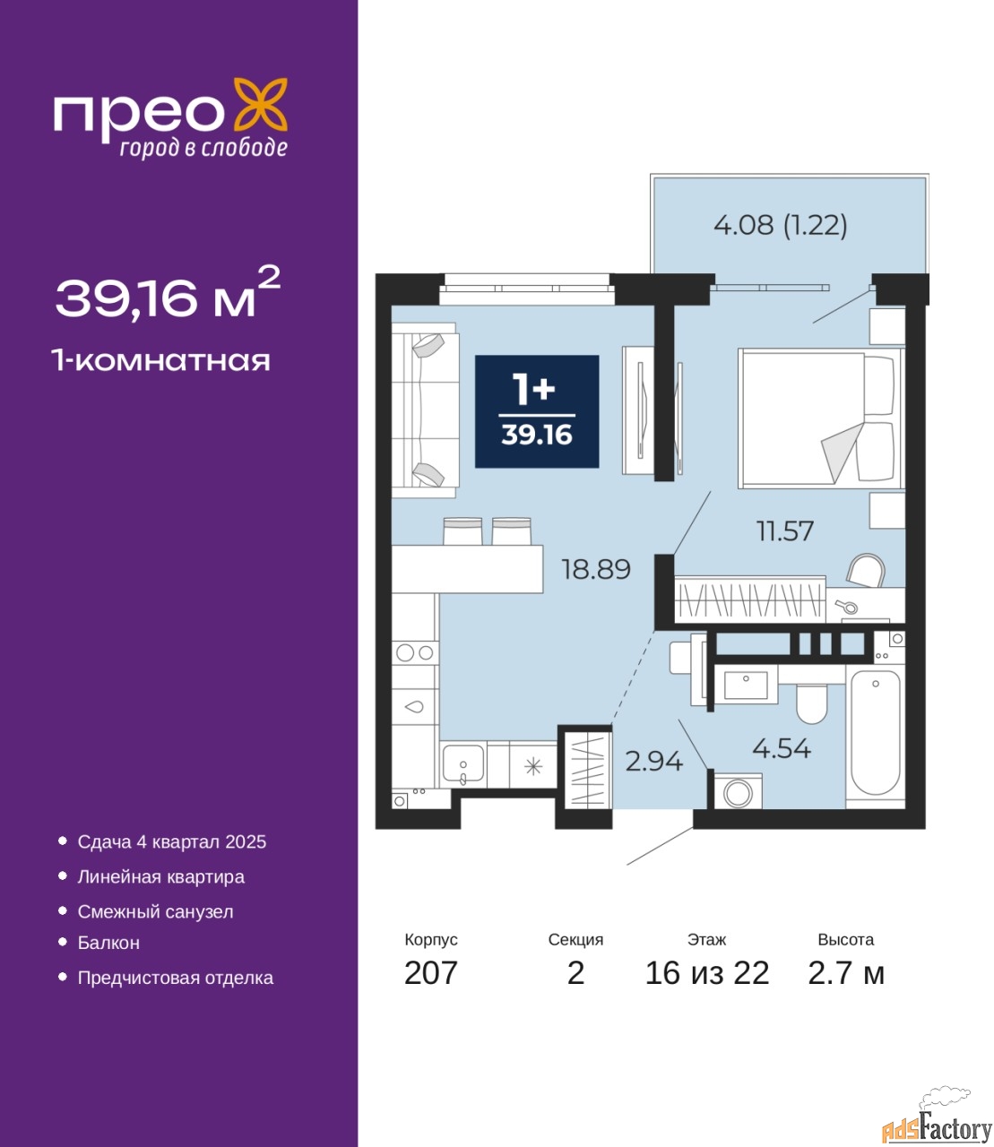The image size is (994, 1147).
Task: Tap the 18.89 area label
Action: click(x=596, y=569)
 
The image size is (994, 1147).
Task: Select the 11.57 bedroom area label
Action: click(x=785, y=531)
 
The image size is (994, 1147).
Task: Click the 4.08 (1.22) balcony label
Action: click(x=780, y=226)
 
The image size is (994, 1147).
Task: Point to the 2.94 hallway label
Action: click(x=653, y=762)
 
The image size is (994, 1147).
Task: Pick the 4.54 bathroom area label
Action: click(x=782, y=749)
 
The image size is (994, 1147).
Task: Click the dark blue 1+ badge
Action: click(x=537, y=411)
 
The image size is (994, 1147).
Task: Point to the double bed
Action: click(x=821, y=418)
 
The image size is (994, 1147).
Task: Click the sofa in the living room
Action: click(x=425, y=410)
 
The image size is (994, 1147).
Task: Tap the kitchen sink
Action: click(x=462, y=765)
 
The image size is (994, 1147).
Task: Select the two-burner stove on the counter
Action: click(x=415, y=653)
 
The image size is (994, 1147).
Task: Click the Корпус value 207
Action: click(x=431, y=973)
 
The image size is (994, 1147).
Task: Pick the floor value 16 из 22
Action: click(x=706, y=973)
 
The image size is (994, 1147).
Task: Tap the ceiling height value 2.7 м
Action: click(x=846, y=973)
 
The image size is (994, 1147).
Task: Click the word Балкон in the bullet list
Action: click(x=108, y=942)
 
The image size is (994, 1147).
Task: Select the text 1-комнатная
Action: click(x=161, y=361)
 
